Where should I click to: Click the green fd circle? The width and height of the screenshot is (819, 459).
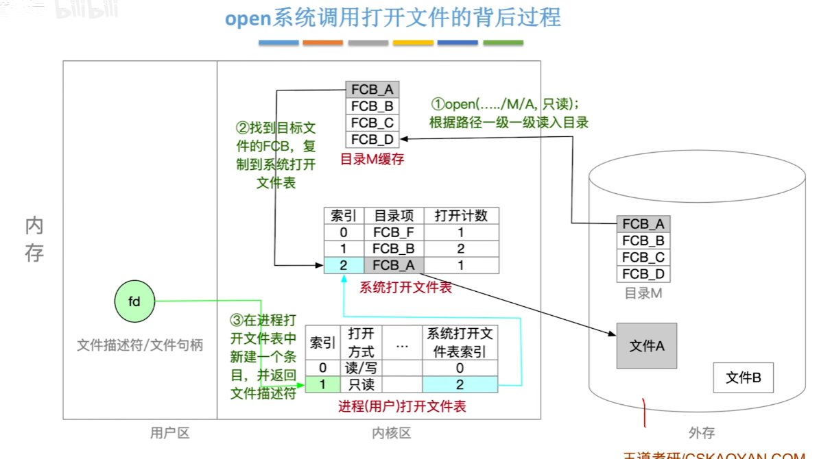coord(134,301)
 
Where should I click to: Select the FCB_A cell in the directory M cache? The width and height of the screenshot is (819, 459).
coord(372,90)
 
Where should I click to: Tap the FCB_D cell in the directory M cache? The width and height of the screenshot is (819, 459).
coord(372,139)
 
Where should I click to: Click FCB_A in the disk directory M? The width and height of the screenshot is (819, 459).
coord(643,224)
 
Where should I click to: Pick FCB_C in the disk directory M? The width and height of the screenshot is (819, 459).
coord(643,258)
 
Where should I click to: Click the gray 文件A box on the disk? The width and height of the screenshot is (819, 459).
coord(646,346)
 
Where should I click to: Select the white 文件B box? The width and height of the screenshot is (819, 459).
coord(743,377)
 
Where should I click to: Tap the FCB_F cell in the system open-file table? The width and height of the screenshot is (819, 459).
coord(394,232)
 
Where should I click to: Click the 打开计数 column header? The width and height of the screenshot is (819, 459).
coord(461,215)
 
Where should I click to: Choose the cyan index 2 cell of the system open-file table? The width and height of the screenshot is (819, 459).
coord(344,265)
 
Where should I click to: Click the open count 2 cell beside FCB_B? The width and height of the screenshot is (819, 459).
coord(461,249)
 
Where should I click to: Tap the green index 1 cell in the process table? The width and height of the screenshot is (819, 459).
coord(322,385)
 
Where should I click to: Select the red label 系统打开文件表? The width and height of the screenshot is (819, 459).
coord(405,288)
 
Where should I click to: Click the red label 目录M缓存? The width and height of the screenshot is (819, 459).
coord(372,159)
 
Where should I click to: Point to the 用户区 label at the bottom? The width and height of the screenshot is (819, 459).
coord(169,433)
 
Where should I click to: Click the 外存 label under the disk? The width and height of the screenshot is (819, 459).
coord(701,433)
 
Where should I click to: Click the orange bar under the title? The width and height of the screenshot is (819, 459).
coord(322,42)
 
